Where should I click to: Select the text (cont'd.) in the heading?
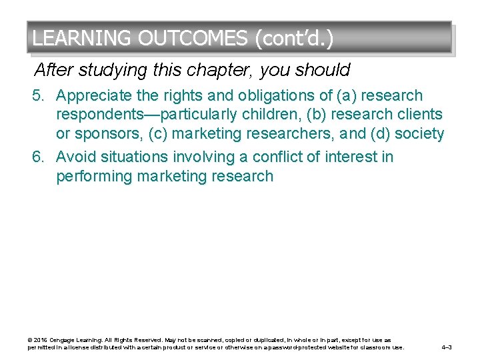click(293, 38)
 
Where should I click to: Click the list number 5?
click(39, 96)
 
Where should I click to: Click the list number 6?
click(39, 157)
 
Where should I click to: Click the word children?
click(269, 115)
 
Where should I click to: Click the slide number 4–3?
click(447, 347)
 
